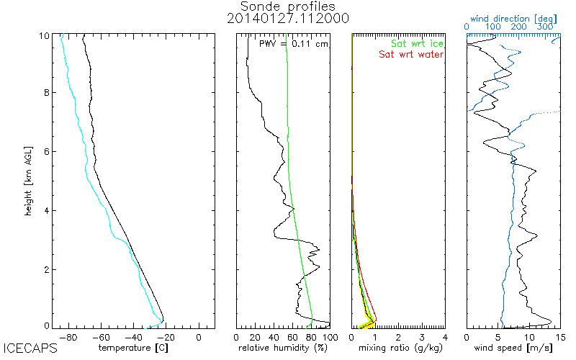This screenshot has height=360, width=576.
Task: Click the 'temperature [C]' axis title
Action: [x=135, y=348]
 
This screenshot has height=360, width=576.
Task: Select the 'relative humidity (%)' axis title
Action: [x=283, y=348]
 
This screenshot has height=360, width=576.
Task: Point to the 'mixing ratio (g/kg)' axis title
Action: [x=398, y=348]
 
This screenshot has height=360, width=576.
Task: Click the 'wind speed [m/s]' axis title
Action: [x=513, y=348]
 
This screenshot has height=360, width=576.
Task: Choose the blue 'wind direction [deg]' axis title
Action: [x=513, y=17]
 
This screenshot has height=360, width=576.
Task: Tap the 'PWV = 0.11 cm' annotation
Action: [x=293, y=44]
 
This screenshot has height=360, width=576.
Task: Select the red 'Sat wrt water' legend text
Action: [x=412, y=54]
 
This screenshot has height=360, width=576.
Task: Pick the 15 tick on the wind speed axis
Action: [x=559, y=336]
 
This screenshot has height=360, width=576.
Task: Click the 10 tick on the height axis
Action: [x=44, y=35]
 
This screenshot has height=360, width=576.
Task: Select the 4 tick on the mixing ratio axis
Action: [x=445, y=336]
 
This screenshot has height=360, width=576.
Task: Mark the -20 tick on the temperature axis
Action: [x=167, y=336]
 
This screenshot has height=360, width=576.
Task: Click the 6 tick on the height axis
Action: [x=46, y=152]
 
